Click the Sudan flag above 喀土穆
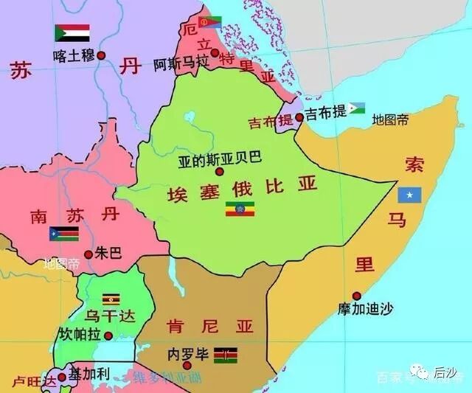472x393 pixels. (x=72, y=33)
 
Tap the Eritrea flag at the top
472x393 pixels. (x=210, y=22)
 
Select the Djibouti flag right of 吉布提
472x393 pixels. (x=357, y=109)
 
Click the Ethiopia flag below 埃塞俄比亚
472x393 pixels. (x=240, y=209)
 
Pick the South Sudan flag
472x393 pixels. (x=63, y=234)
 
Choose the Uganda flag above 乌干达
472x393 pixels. (x=111, y=299)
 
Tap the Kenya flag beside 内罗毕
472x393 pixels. (x=226, y=355)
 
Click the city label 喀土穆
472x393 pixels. (x=74, y=55)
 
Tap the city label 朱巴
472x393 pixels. (x=108, y=254)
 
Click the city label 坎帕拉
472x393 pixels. (x=80, y=335)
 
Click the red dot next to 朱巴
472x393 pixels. (x=88, y=254)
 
